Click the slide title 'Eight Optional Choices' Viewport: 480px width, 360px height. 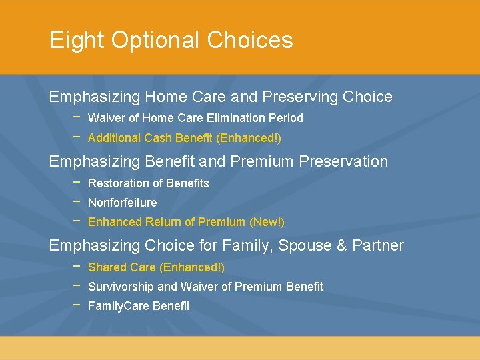point(171,41)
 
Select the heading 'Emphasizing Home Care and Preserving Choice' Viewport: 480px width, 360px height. point(221,97)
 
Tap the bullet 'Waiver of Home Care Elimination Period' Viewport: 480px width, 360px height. point(195,118)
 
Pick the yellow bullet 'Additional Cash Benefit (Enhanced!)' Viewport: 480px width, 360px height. point(185,138)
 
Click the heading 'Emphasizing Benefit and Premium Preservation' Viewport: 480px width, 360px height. point(218,161)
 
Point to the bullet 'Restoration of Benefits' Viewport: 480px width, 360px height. point(148,183)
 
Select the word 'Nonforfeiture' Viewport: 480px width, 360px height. point(122,203)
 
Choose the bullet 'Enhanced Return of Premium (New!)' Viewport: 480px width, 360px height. point(186,222)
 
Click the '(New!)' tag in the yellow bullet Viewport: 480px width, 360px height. point(267,222)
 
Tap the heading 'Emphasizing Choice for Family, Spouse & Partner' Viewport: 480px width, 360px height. point(226,245)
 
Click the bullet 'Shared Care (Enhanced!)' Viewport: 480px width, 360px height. point(156,267)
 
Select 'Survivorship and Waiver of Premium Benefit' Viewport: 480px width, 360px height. point(205,287)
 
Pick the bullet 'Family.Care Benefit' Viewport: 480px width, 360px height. point(139,306)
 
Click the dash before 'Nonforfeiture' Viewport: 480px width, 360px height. point(77,201)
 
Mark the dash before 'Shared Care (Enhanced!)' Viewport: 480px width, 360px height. point(77,265)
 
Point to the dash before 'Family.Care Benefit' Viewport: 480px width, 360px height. point(77,304)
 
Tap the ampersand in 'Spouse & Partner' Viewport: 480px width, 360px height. point(341,245)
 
